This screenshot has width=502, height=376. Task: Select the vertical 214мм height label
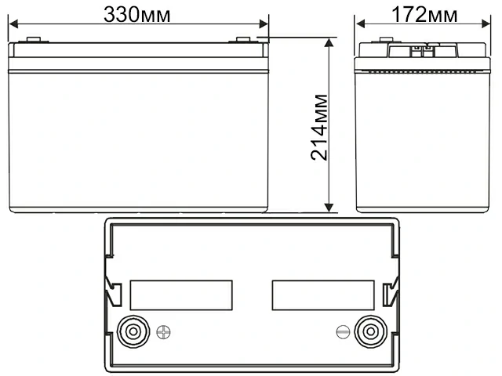319,127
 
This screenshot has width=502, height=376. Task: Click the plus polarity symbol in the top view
164,331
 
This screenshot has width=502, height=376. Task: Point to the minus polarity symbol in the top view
342,331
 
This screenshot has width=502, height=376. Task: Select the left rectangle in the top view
181,295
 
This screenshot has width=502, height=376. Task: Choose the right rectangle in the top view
322,295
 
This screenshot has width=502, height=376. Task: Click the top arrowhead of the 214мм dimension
329,42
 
